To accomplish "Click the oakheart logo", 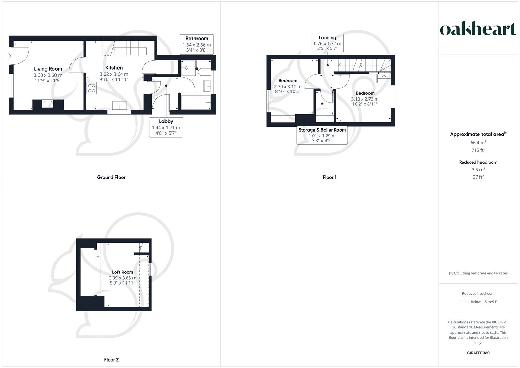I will (x=478, y=29).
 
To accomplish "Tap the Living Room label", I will (x=48, y=69).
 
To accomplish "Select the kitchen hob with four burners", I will (x=92, y=88).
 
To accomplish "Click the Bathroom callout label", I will (x=196, y=39).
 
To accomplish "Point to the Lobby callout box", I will (x=166, y=127).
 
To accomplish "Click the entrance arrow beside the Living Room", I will (x=9, y=56).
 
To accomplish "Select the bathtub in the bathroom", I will (x=196, y=102).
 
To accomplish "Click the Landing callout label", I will (x=327, y=38).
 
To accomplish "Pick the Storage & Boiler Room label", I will (x=322, y=130).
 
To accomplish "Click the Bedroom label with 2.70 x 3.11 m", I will (x=288, y=81).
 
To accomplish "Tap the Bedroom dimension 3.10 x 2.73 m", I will (x=365, y=99).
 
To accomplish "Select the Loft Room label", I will (x=123, y=272).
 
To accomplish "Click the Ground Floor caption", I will (x=111, y=177).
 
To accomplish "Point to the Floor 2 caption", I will (x=111, y=359).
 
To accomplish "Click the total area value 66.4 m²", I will (x=478, y=143).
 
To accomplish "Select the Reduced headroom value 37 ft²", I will (x=478, y=177).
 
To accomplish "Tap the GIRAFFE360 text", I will (x=478, y=353).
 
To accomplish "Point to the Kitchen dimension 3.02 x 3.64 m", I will (x=114, y=74).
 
